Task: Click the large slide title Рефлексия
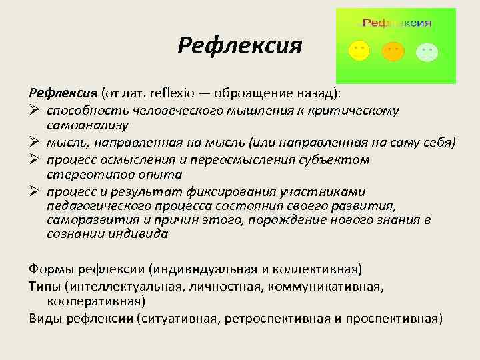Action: [240, 46]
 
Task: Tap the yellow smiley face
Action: [359, 51]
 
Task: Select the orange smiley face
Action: [393, 51]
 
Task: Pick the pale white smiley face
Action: [426, 51]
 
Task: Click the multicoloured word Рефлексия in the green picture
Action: [397, 23]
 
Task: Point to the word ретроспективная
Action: [276, 317]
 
